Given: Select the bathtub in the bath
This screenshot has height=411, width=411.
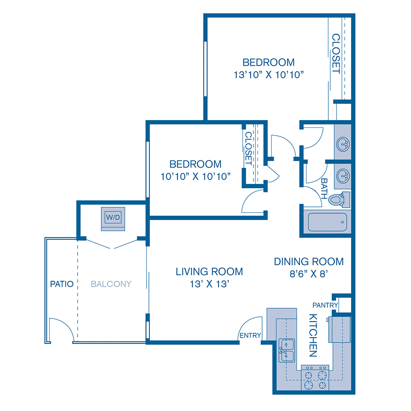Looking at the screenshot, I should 326,222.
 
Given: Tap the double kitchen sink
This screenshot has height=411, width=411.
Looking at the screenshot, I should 286,350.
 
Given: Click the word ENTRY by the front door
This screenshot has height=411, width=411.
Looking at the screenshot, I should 250,336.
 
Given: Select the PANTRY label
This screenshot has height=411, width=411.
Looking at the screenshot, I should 325,305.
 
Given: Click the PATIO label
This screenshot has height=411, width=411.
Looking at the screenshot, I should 62,284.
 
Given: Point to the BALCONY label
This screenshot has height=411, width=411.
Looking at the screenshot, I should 111,284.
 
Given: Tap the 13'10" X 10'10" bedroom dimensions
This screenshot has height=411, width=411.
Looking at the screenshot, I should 269,74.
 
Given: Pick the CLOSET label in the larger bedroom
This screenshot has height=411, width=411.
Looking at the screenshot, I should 336,53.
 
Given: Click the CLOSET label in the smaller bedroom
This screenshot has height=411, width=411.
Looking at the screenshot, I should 248,148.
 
